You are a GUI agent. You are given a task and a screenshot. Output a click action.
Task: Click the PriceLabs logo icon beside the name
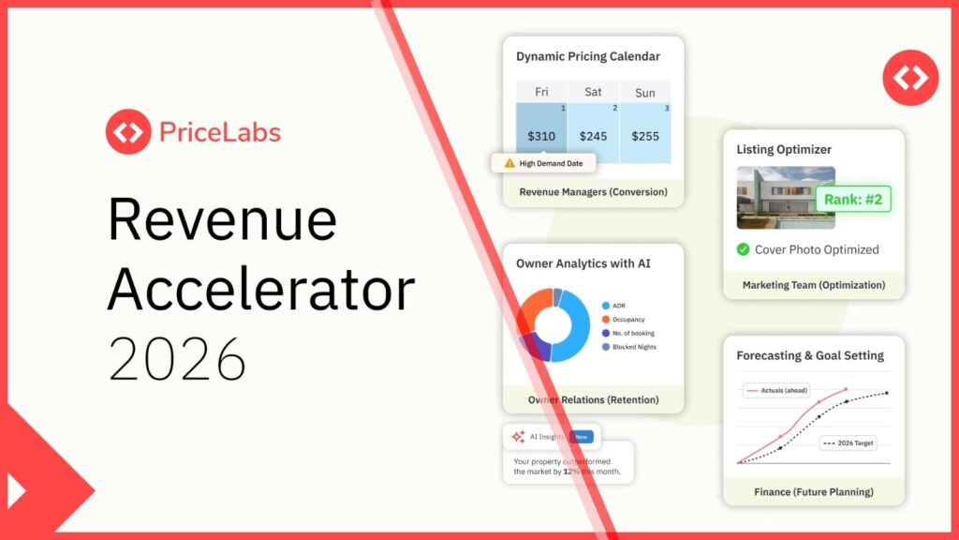[x=128, y=132]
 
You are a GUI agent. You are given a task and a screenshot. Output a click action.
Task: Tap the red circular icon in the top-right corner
[x=910, y=77]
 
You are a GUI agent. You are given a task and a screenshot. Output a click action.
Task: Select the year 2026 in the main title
[x=178, y=357]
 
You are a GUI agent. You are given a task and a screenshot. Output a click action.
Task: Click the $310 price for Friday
[x=541, y=136]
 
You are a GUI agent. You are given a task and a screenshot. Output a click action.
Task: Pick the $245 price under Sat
[x=594, y=136]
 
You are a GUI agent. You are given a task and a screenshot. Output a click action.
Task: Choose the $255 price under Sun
[x=645, y=136]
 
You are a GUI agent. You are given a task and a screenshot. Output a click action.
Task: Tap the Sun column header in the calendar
[x=645, y=92]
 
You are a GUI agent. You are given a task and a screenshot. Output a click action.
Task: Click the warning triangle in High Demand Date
[x=509, y=163]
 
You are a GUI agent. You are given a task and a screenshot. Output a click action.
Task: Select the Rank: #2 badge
[x=852, y=200]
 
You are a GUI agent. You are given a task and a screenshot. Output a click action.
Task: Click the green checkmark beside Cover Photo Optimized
[x=743, y=249]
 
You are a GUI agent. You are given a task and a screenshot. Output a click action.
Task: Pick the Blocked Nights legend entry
[x=634, y=347]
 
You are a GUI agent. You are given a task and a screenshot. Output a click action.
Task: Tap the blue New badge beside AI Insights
[x=582, y=437]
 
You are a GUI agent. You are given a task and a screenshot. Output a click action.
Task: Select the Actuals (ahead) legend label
[x=776, y=389]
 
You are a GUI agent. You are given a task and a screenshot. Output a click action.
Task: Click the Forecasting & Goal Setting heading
[x=809, y=355]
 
